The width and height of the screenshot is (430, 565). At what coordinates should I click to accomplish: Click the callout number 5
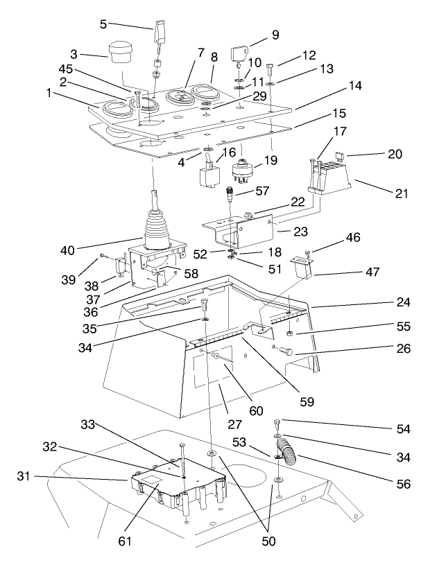click(103, 24)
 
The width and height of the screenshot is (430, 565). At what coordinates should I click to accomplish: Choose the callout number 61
click(126, 540)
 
